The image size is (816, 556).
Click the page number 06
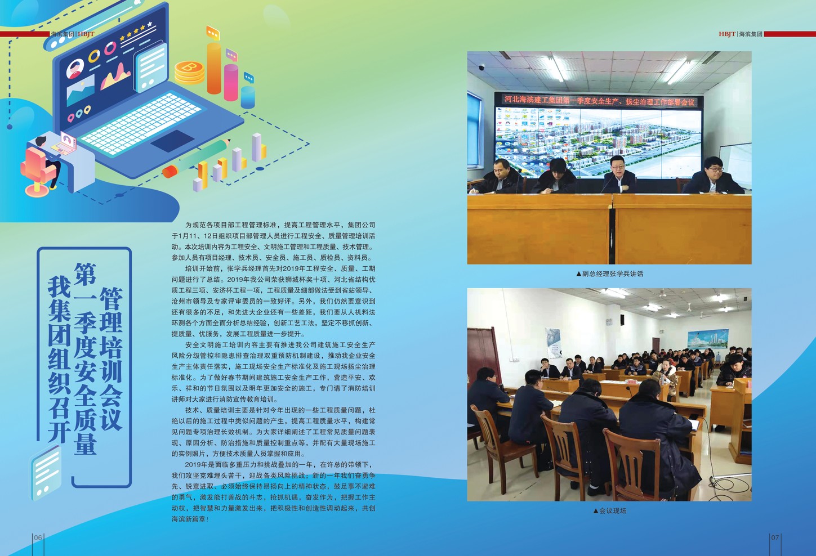[x=38, y=537]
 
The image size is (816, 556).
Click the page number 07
[x=775, y=537]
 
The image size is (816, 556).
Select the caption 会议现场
[x=610, y=511]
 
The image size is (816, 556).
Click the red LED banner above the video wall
[x=599, y=101]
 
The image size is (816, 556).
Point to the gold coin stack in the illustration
[x=189, y=73]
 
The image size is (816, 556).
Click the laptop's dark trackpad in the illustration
[x=172, y=141]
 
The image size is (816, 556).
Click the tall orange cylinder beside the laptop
[x=214, y=68]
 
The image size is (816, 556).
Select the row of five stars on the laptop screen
[x=136, y=32]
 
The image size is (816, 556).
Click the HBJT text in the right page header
[x=727, y=34]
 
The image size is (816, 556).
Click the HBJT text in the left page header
[x=86, y=34]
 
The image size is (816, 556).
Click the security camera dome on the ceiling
[x=481, y=68]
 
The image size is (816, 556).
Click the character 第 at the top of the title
[x=85, y=274]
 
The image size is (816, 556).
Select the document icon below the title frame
[x=45, y=472]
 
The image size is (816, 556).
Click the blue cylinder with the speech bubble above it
[x=248, y=97]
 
